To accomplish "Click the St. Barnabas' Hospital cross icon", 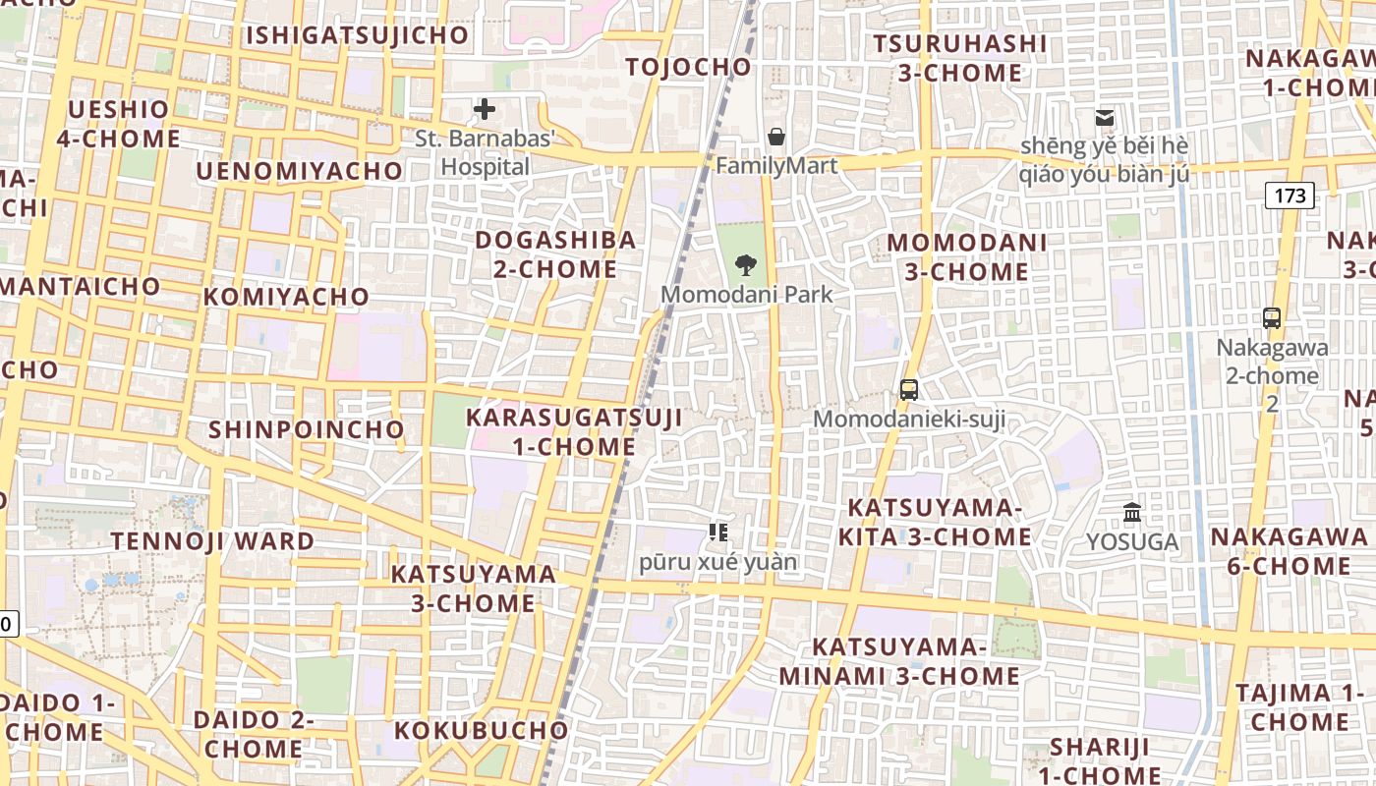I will [x=484, y=109].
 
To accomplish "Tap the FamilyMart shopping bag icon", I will [x=776, y=137].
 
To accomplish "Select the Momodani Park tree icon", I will [x=746, y=263].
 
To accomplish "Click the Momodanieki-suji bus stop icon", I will [x=909, y=389].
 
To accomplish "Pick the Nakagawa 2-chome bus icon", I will [x=1272, y=317].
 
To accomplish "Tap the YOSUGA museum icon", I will [x=1132, y=512].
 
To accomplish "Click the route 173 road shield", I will [x=1290, y=196].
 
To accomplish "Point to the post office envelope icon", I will [x=1105, y=118].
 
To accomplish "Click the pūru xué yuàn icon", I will [x=718, y=533].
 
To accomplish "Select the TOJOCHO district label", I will [x=689, y=67].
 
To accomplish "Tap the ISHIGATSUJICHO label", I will [x=358, y=35].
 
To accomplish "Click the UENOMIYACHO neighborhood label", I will [x=300, y=171].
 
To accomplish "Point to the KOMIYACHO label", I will [x=287, y=297].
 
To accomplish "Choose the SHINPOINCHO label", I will [x=307, y=429].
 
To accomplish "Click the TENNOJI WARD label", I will [x=212, y=541].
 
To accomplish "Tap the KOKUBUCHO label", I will [x=482, y=730].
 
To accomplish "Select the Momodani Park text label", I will [x=746, y=294].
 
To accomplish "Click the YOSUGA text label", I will [x=1132, y=542].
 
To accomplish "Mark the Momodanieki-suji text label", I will [x=909, y=420].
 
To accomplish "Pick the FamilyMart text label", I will [x=776, y=165].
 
